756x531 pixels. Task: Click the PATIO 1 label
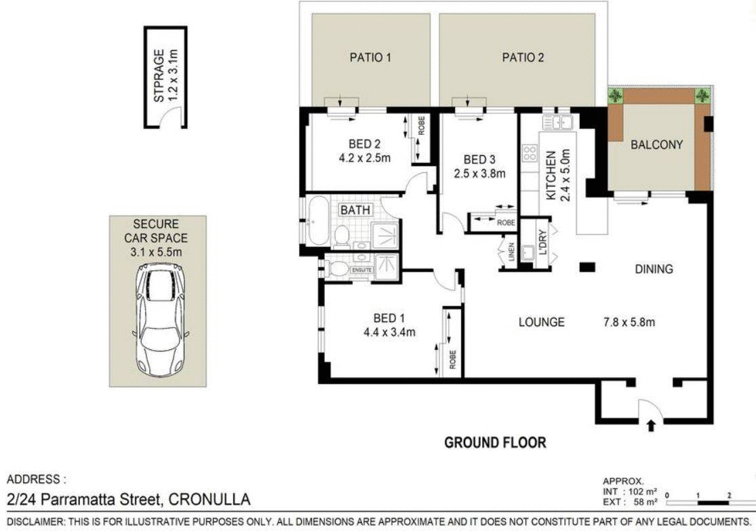click(x=370, y=58)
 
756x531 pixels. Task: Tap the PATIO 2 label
click(x=523, y=58)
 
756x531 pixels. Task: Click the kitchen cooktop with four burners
click(x=530, y=153)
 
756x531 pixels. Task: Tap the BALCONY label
click(x=657, y=144)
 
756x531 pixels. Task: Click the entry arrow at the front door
click(x=651, y=425)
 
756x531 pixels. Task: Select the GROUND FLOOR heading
click(x=495, y=442)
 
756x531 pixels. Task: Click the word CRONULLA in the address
click(x=210, y=499)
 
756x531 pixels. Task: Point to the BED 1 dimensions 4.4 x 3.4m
click(x=390, y=332)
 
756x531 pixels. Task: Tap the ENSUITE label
click(x=361, y=270)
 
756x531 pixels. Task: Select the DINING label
click(x=654, y=269)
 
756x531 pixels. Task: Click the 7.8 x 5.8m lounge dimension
click(x=629, y=321)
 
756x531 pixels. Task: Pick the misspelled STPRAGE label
click(x=159, y=76)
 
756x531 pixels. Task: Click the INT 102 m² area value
click(x=631, y=492)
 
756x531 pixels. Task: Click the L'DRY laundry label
click(x=544, y=243)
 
